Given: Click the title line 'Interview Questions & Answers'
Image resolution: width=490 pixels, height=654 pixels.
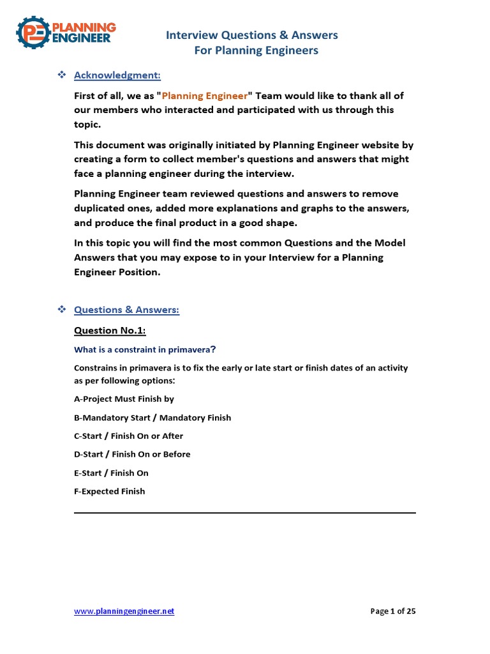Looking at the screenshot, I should pos(252,35).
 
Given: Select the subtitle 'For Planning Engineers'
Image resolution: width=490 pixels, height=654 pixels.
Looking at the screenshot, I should pos(256,50).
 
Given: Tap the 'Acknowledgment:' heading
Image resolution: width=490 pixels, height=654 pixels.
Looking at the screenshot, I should pos(117,75).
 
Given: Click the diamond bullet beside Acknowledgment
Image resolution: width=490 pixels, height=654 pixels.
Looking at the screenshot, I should pos(63,75).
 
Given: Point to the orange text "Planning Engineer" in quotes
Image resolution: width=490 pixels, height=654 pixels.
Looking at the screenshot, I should pos(204,96).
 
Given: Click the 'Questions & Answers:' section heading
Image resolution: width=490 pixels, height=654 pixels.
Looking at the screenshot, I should pos(126,310).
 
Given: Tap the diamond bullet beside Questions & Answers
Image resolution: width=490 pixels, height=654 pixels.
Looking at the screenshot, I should pos(63,310).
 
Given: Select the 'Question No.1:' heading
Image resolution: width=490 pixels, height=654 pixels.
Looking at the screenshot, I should pos(110,330).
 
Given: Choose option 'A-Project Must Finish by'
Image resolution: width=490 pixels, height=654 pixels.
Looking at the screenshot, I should pos(124,399).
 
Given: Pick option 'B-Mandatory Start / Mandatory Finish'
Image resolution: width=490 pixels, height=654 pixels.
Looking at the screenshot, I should pos(152,418).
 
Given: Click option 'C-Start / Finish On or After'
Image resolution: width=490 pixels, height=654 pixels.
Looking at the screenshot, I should pos(128,436).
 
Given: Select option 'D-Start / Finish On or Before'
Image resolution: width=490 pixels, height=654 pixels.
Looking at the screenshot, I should pos(132,454).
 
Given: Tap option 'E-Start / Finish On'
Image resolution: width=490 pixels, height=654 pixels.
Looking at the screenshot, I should pos(111,473).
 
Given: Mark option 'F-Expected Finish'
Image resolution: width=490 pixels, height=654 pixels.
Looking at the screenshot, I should pos(110,491).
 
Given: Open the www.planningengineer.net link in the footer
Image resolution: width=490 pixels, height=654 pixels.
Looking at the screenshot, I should pos(124,611).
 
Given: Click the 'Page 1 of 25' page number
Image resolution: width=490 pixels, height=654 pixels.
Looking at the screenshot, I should pos(393,611).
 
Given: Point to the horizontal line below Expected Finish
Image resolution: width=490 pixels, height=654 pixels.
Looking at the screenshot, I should pos(245,512).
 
